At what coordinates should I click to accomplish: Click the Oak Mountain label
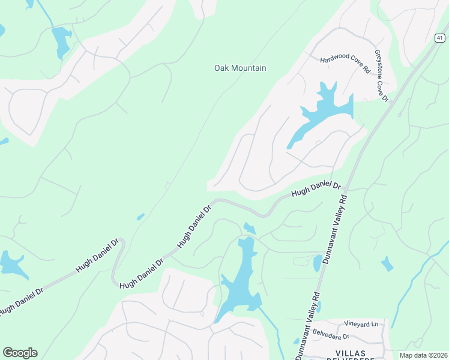click(240, 68)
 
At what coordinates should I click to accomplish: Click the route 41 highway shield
click(440, 38)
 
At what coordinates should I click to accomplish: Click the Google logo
click(20, 353)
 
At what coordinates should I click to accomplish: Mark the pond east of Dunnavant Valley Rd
click(387, 263)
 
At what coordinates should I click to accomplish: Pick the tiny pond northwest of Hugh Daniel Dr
click(140, 217)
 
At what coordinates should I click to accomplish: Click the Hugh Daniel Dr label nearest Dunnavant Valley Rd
click(316, 189)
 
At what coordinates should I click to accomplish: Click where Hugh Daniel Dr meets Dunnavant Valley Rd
click(347, 188)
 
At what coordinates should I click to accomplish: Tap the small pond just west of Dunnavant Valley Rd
click(317, 263)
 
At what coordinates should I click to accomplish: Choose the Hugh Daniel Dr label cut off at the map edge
click(22, 300)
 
